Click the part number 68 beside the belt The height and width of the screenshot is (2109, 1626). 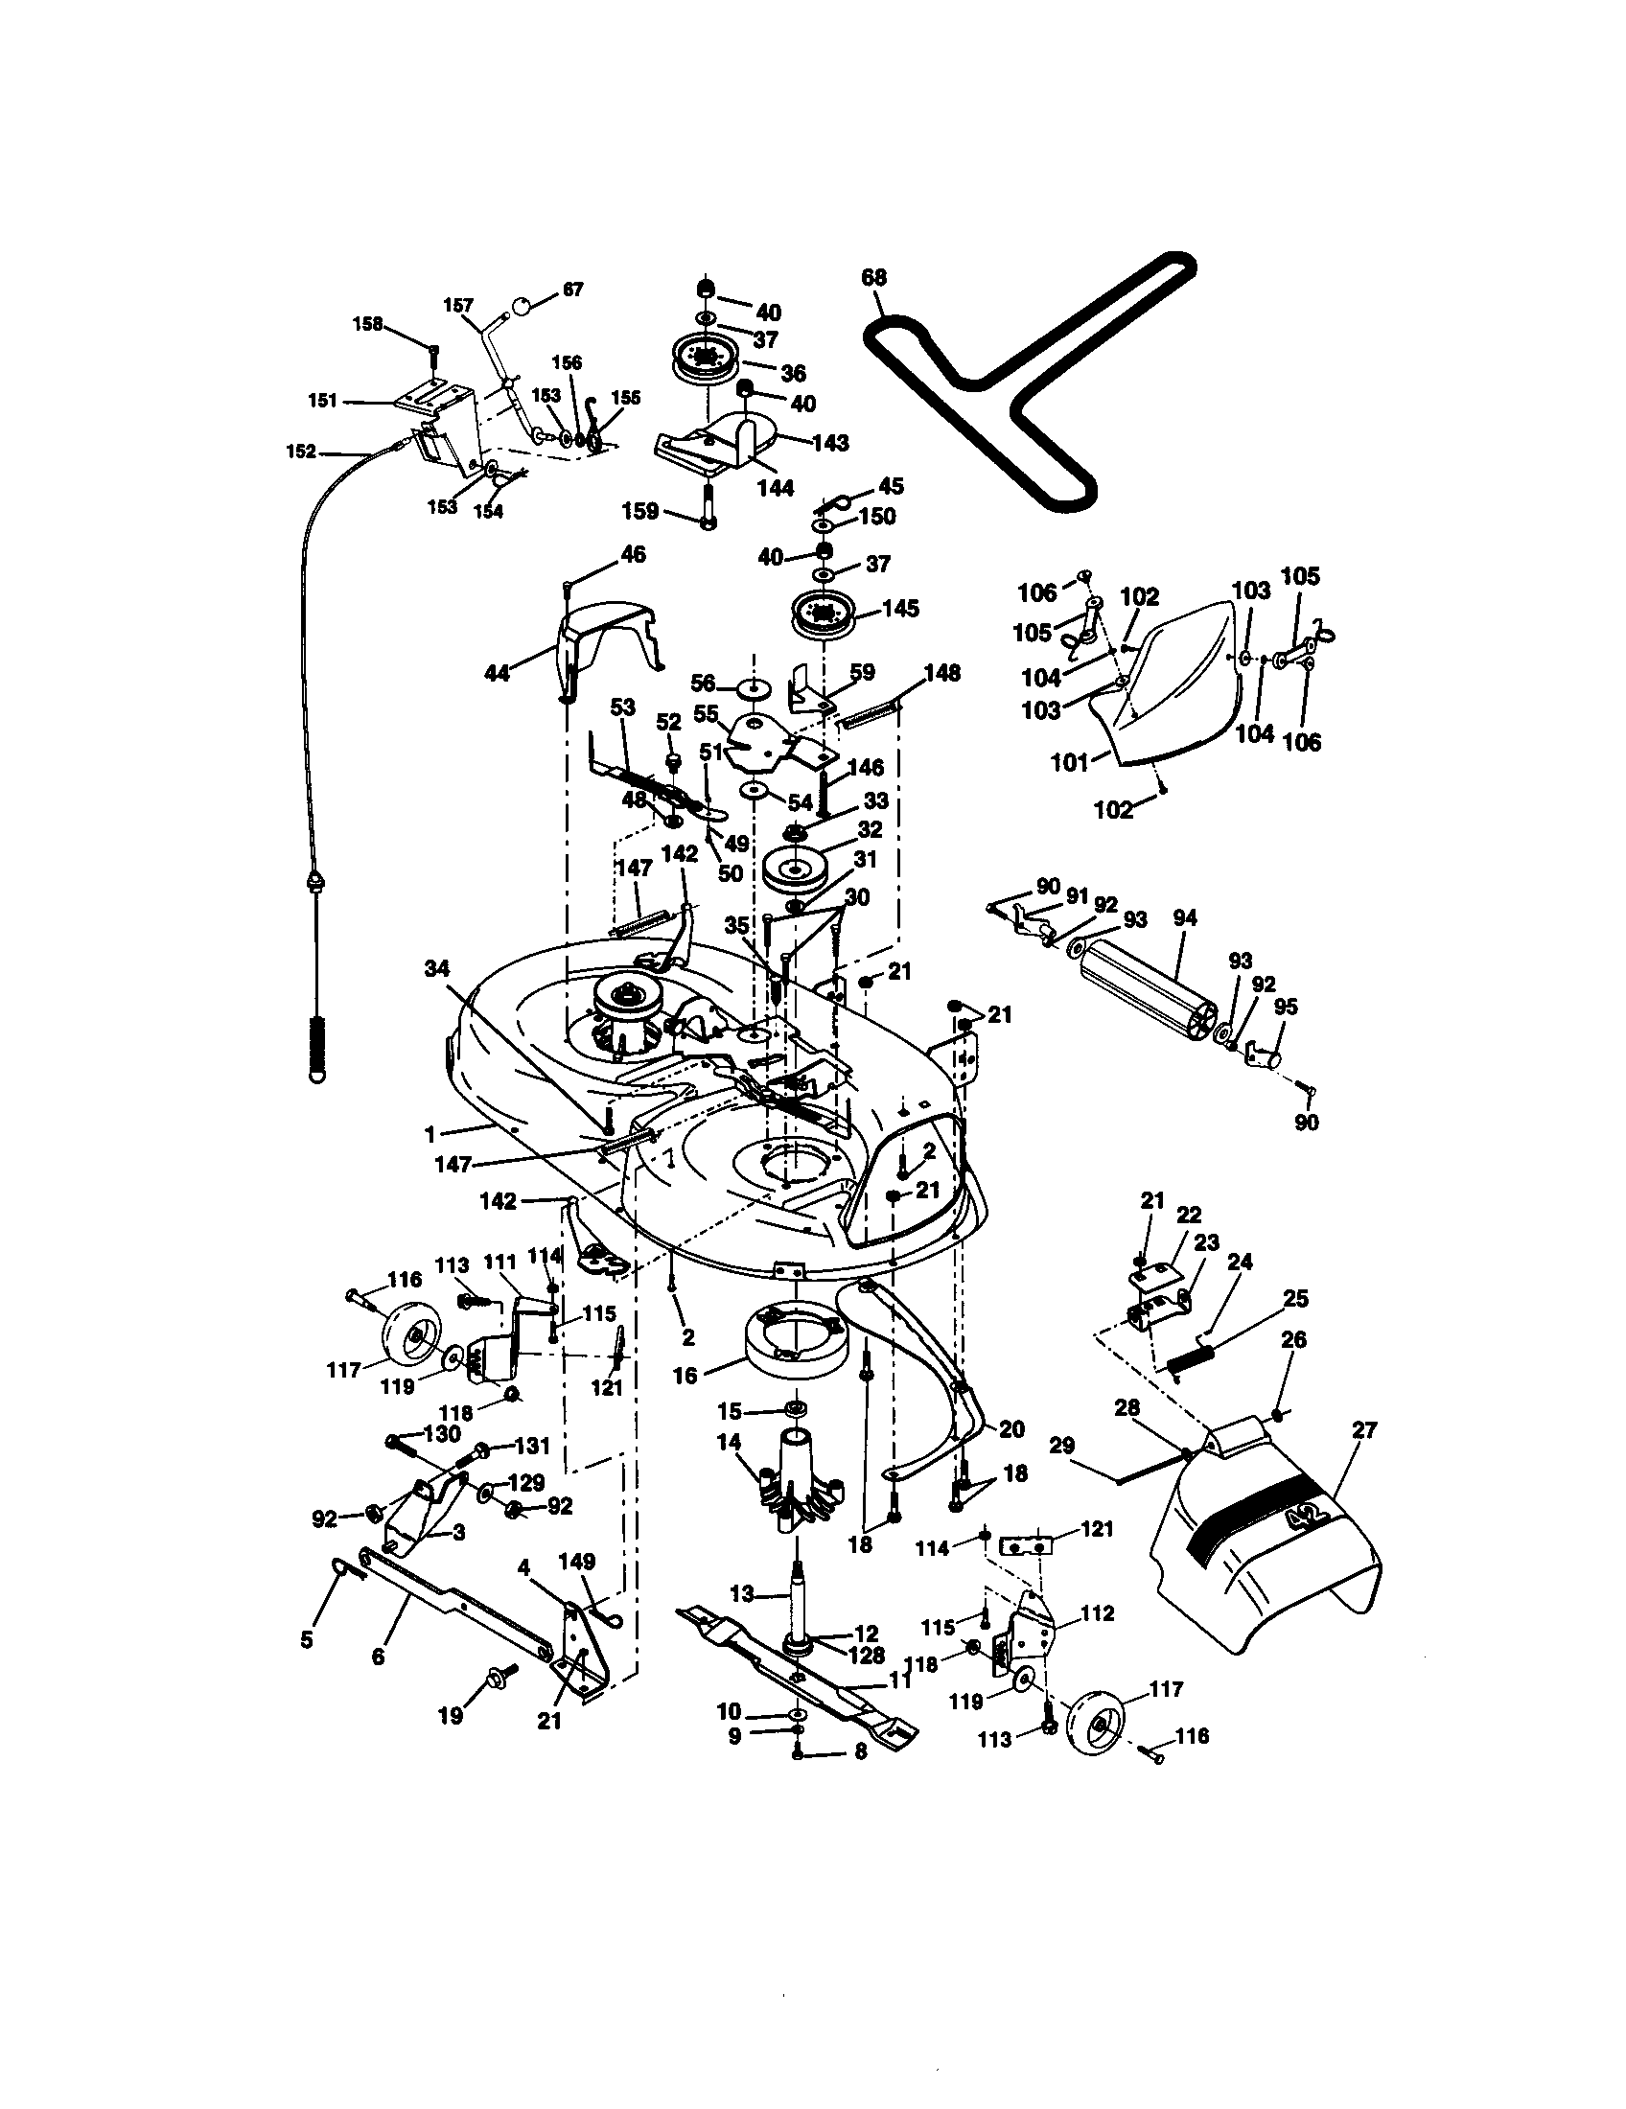[x=873, y=278]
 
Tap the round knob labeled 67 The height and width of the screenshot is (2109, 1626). [x=521, y=307]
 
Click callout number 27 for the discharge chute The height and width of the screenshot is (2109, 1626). [x=1363, y=1430]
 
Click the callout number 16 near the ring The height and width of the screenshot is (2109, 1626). [x=685, y=1375]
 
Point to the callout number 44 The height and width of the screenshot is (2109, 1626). [x=498, y=673]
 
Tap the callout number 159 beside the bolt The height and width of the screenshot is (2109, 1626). [x=641, y=511]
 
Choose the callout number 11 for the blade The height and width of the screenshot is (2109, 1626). [x=899, y=1680]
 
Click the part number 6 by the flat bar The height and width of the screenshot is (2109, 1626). [x=378, y=1657]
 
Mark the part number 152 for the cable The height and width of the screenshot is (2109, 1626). [x=301, y=451]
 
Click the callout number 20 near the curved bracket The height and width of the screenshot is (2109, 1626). [x=1011, y=1428]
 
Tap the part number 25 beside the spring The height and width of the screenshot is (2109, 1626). [x=1295, y=1298]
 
